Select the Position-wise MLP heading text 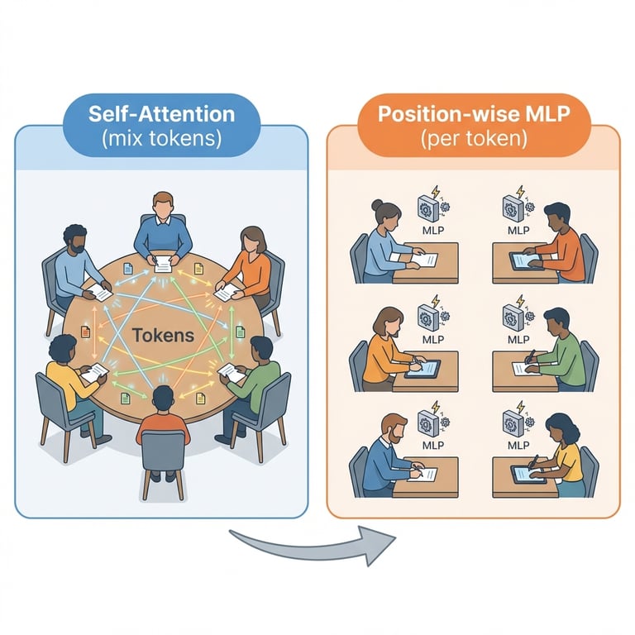pos(473,113)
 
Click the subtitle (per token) pos(473,138)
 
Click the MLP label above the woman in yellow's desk pos(519,446)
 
